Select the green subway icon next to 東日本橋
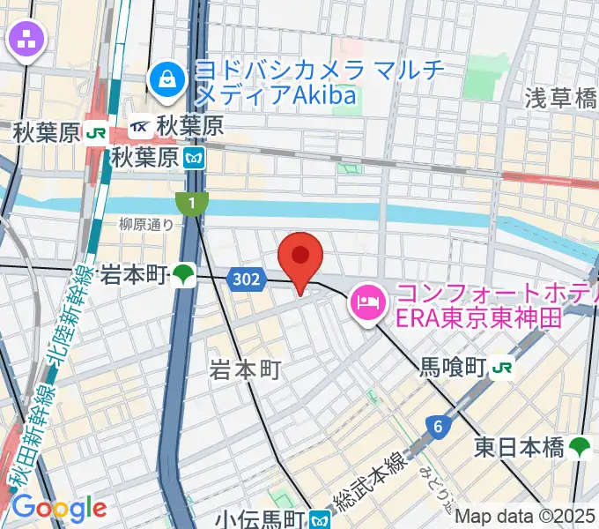tap(581, 447)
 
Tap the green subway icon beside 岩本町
tap(183, 275)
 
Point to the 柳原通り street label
tap(147, 225)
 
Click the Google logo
tap(58, 508)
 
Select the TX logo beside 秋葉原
tap(140, 128)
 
